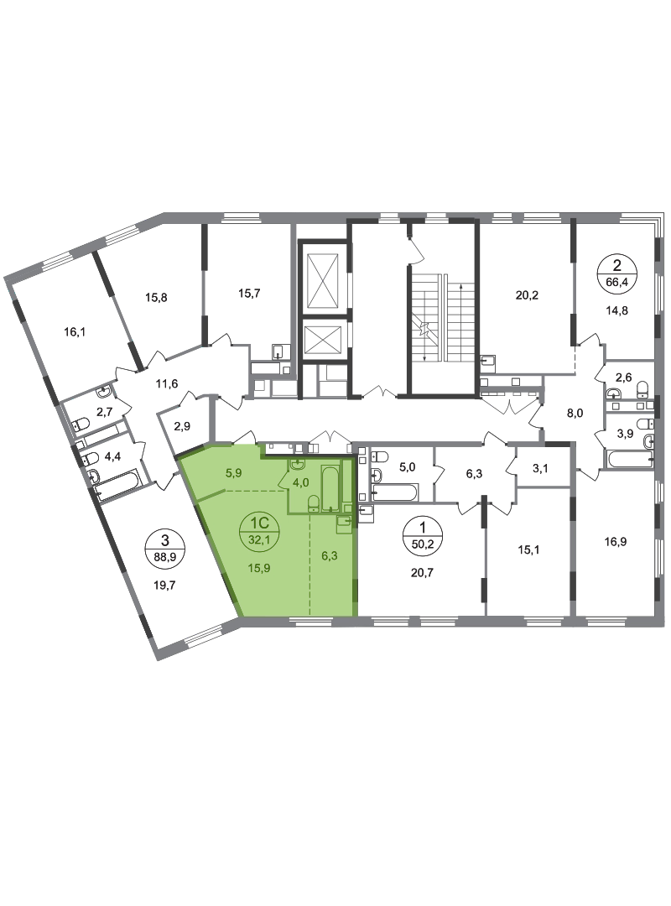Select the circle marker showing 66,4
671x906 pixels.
pos(617,273)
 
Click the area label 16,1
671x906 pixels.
pos(75,332)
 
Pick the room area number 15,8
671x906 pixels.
pos(156,298)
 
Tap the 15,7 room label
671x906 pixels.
pos(249,293)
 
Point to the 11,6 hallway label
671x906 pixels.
pos(167,383)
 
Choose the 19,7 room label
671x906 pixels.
pos(164,586)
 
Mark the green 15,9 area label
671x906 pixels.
pos(259,568)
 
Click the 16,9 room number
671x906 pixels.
pos(616,542)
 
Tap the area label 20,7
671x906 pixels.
pos(422,573)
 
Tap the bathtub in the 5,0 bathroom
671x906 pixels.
pos(396,493)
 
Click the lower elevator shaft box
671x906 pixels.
pos(322,341)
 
